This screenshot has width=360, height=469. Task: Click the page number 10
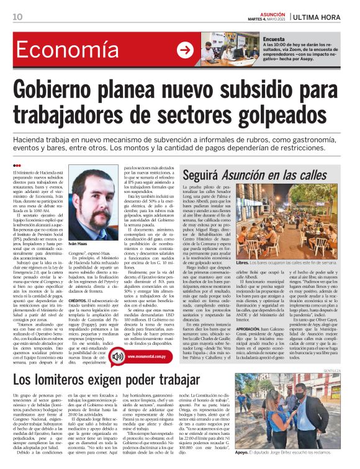[x=17, y=16]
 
